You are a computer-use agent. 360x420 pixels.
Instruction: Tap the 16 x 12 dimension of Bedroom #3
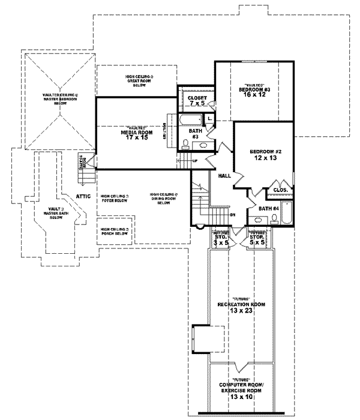254,95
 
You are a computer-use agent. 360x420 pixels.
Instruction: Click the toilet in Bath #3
186,142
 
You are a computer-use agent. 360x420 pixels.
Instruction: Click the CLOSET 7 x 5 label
197,101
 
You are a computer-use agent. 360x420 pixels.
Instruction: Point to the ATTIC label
83,196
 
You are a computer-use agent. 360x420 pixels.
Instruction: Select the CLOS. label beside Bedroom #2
280,190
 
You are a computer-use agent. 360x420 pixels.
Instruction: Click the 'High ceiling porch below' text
115,232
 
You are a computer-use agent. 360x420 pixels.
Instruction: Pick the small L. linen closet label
209,119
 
